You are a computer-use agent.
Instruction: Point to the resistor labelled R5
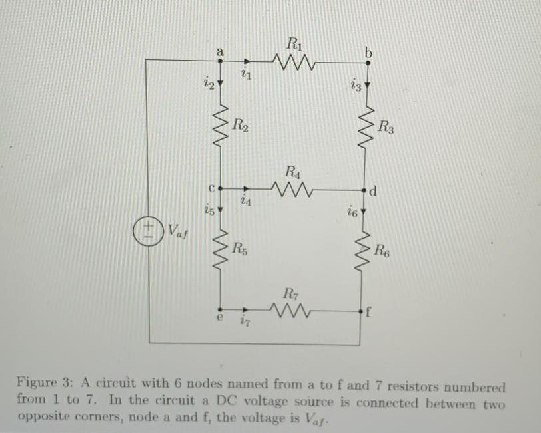[221, 250]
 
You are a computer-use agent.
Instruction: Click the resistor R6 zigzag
[363, 250]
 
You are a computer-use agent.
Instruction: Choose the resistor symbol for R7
[290, 309]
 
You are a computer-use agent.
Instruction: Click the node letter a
[219, 49]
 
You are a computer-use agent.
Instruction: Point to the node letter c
[211, 188]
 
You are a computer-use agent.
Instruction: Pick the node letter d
[374, 193]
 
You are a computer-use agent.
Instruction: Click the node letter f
[369, 311]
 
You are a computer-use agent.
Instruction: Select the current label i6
[352, 213]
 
